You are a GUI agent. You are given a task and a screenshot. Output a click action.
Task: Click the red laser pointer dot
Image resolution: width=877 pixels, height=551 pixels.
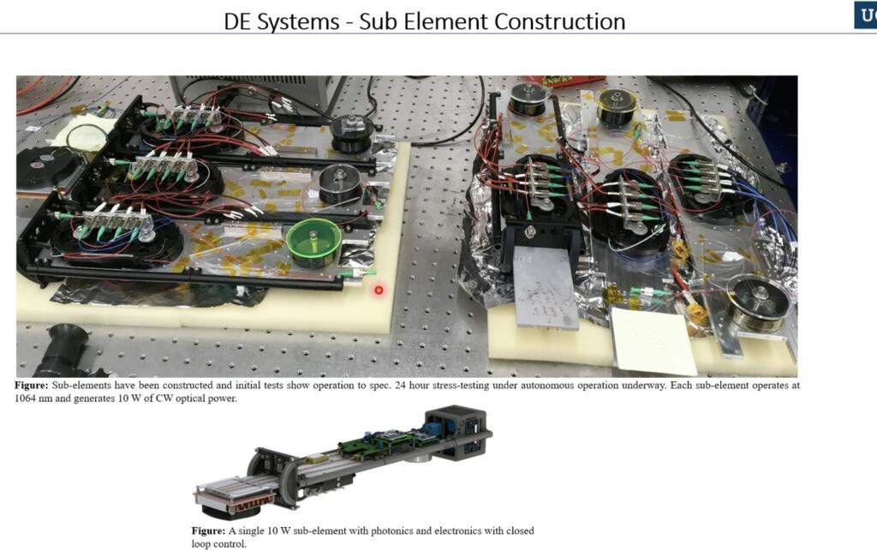click(379, 290)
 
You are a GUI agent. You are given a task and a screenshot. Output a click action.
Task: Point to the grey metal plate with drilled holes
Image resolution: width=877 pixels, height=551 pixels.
click(546, 288)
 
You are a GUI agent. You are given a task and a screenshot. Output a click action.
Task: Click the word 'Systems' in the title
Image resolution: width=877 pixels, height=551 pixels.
click(300, 21)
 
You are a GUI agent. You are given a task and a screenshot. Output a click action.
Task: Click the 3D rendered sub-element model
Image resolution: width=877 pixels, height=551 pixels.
click(343, 458)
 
